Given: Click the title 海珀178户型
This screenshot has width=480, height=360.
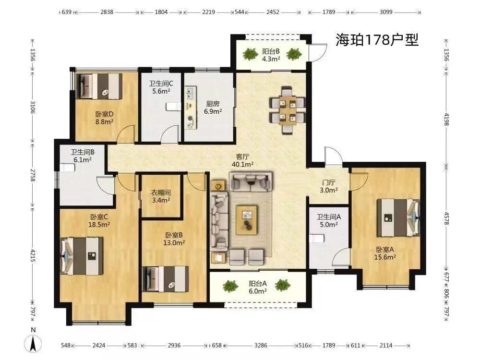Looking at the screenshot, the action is pos(377,40).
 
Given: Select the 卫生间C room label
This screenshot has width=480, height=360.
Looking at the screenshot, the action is pos(161,83).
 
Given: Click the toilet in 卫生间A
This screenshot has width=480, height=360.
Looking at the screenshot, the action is pos(316,238).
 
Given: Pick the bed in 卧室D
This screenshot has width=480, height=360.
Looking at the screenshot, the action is pos(99,86).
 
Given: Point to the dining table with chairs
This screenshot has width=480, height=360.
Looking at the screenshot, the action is pos(287,110).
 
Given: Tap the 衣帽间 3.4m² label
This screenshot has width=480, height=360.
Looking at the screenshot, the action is pos(161,196).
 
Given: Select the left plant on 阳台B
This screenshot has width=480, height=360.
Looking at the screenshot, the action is pos(251,54).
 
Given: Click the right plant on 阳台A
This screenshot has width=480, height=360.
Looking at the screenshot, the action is pos(282,285).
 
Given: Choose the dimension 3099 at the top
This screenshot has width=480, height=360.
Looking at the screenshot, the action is pos(386,12).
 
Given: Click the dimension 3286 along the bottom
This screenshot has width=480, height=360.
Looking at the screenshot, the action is pos(261,345).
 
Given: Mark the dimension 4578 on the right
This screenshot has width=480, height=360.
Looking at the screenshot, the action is pos(446,218).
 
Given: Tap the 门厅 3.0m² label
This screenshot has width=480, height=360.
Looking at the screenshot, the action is pos(328,186).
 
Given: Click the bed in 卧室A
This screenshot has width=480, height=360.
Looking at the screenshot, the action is pos(398,217).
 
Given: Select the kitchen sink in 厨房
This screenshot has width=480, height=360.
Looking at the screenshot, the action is pos(191,94).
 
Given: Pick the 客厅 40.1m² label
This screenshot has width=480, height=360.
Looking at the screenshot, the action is pos(242,160).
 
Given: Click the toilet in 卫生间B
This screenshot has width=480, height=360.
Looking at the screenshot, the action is pos(68,168).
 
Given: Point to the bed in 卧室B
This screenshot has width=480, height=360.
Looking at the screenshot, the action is pos(166,279).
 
